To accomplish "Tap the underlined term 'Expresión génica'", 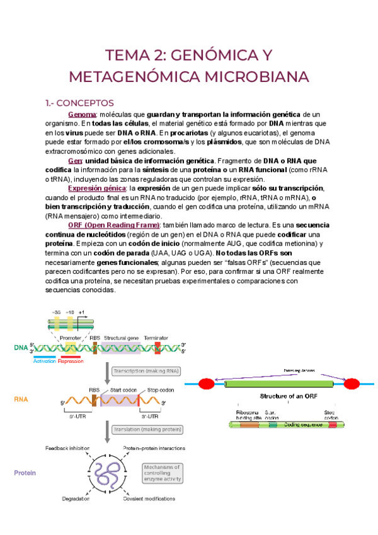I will [x=96, y=189].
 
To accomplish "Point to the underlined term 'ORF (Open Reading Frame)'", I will [x=114, y=225].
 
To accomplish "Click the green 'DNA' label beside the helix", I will [x=21, y=348].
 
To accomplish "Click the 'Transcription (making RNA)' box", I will [x=146, y=371].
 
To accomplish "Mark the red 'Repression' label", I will [x=71, y=362].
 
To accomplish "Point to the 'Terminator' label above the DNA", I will [x=156, y=338].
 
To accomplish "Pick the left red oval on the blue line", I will [x=206, y=384].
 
